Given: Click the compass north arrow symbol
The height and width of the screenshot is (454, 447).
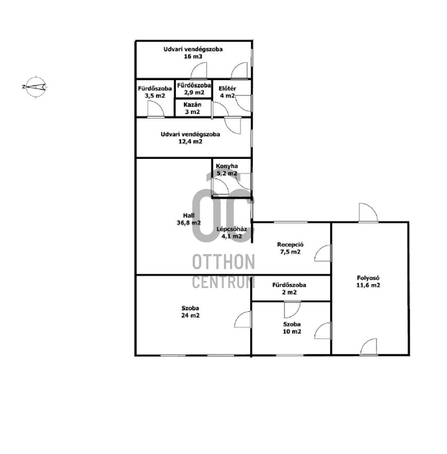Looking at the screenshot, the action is pyautogui.click(x=35, y=87).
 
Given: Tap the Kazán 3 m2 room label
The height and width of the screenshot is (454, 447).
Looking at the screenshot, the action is pyautogui.click(x=192, y=108).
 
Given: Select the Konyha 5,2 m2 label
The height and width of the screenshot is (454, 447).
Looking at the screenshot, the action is pyautogui.click(x=227, y=170).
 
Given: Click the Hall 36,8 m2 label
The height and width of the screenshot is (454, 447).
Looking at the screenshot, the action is pyautogui.click(x=189, y=219).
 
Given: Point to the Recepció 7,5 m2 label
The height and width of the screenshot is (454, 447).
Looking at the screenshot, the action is pyautogui.click(x=290, y=248).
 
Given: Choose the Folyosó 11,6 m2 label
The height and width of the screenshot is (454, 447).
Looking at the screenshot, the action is pyautogui.click(x=368, y=281).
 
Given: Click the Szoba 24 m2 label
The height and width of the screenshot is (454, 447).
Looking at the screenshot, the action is pyautogui.click(x=190, y=312).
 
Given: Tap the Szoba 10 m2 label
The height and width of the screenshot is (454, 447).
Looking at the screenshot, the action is pyautogui.click(x=292, y=328).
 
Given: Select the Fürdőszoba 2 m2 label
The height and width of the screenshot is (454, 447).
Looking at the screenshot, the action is pyautogui.click(x=289, y=288).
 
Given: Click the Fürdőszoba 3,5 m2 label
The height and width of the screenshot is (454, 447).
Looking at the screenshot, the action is pyautogui.click(x=155, y=92).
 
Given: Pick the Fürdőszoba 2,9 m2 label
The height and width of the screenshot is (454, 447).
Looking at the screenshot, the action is pyautogui.click(x=194, y=89).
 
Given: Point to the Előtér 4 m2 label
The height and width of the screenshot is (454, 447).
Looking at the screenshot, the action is pyautogui.click(x=228, y=92).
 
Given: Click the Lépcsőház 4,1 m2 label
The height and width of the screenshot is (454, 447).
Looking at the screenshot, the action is pyautogui.click(x=232, y=232).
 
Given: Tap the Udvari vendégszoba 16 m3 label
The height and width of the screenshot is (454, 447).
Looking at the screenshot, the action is pyautogui.click(x=193, y=53).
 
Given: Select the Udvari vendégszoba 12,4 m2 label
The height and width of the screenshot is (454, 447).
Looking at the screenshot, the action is pyautogui.click(x=190, y=138).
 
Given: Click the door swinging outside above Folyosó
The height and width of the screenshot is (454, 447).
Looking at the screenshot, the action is pyautogui.click(x=368, y=213).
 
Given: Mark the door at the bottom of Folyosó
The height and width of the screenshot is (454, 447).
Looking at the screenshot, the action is pyautogui.click(x=369, y=346).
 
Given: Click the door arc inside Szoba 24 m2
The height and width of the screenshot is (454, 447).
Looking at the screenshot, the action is pyautogui.click(x=242, y=319).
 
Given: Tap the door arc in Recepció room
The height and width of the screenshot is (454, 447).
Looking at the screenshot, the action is pyautogui.click(x=323, y=254).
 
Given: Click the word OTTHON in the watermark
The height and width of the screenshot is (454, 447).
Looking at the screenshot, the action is pyautogui.click(x=223, y=262).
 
